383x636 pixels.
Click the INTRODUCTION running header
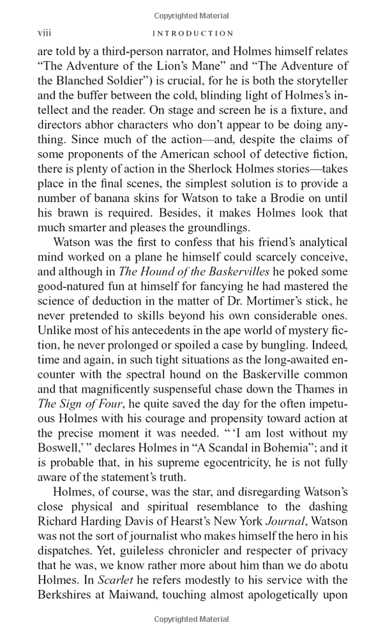click(191, 33)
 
